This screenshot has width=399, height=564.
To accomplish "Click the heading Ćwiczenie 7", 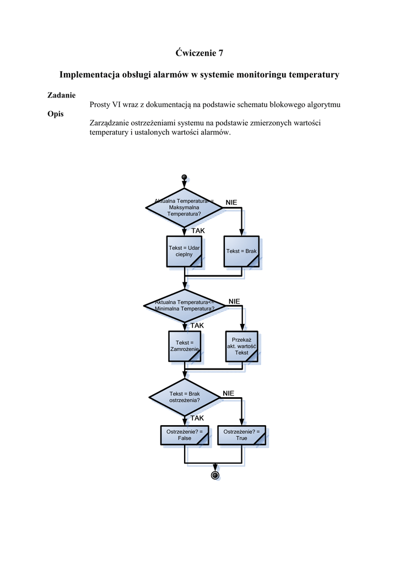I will coord(199,53).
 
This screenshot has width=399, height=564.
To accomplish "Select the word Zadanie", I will coord(62,95).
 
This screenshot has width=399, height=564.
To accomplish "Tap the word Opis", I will coord(56,114).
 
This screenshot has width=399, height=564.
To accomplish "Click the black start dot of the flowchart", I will coord(184,177).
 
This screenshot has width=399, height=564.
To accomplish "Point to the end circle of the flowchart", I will coord(215,475).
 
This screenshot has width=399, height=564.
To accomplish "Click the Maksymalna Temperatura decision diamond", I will coord(184,207).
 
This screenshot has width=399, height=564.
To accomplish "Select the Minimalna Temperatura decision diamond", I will coord(184,305).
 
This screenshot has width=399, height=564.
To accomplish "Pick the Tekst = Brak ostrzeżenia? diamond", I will coord(184,397).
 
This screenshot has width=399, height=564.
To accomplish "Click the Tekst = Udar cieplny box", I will coord(184,252).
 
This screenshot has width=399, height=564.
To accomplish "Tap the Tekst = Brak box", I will coord(241,252).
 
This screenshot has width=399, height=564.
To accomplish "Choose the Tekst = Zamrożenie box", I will coord(184,346).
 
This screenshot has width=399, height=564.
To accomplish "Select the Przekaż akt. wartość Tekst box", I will coord(241,346).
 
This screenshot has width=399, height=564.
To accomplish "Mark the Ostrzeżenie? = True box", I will coord(241,435).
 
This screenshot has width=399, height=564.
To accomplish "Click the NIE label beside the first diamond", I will coord(231,203).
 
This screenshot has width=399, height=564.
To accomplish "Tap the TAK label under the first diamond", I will coord(198,231).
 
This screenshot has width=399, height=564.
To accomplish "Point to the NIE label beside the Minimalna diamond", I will coord(234,301).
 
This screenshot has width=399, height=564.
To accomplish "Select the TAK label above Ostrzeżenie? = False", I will coord(197,418).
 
